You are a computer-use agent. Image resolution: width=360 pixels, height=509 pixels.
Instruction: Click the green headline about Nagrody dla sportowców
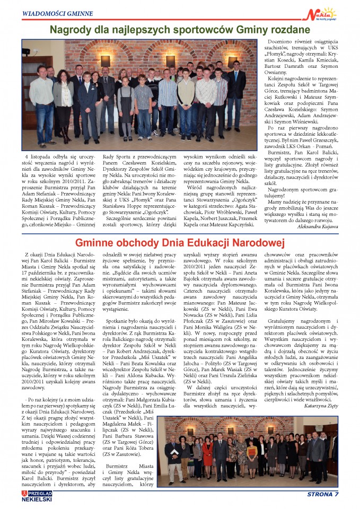pos(180,30)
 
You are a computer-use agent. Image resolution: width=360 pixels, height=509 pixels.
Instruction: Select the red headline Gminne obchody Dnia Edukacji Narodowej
pos(180,242)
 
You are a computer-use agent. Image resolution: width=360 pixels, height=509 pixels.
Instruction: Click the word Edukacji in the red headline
pos(204,242)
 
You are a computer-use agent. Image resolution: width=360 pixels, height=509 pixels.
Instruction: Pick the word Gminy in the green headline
pos(244,30)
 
